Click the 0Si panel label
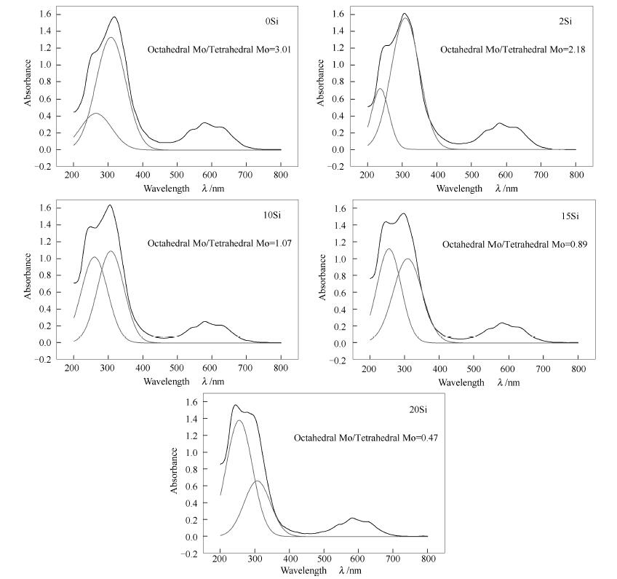coord(271,21)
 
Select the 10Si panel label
coord(271,215)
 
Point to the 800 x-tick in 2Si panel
coord(576,176)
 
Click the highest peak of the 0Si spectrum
coord(114,17)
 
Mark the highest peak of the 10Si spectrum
coord(110,205)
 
